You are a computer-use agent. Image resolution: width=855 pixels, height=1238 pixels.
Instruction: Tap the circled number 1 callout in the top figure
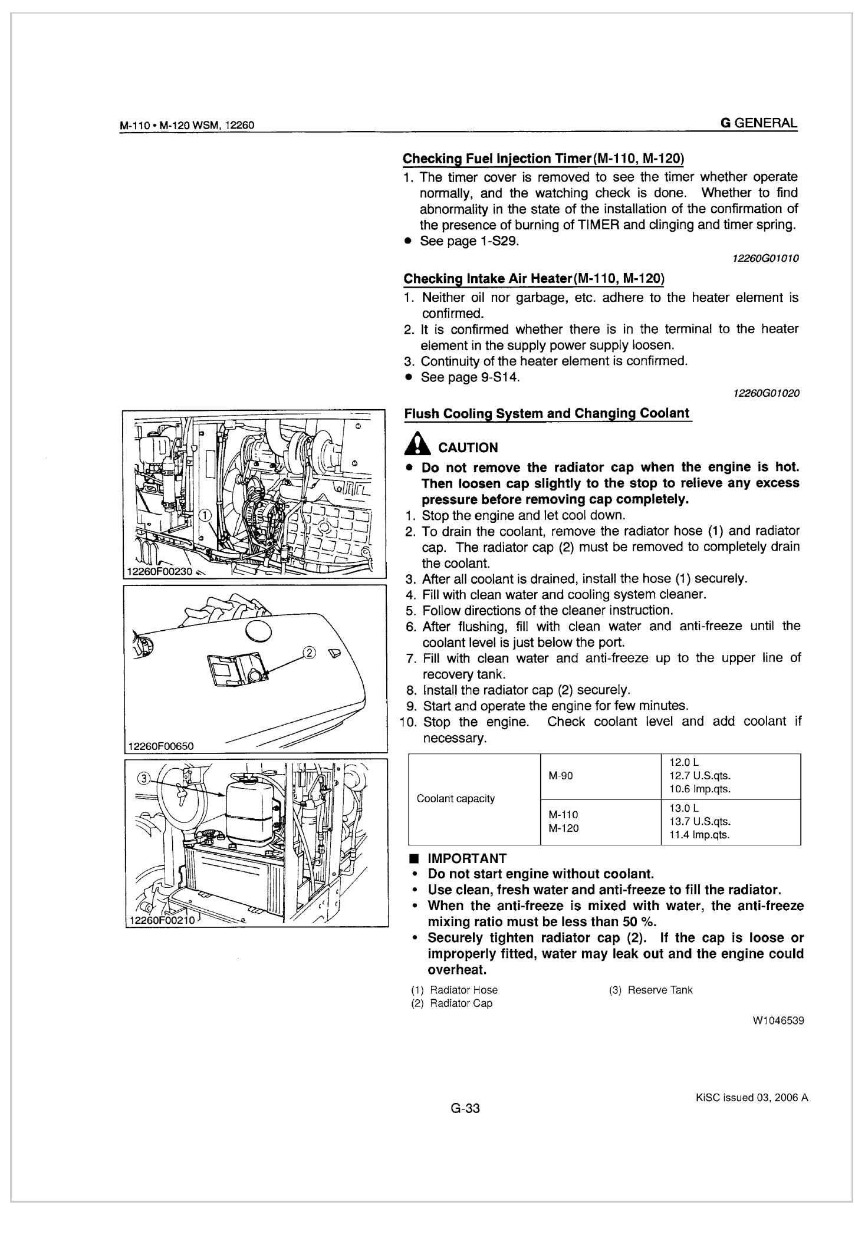[205, 514]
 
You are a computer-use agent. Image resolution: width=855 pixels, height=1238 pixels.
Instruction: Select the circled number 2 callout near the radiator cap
[309, 653]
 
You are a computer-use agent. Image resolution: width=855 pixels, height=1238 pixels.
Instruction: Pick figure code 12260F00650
[160, 746]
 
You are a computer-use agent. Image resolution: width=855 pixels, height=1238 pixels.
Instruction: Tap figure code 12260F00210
[162, 921]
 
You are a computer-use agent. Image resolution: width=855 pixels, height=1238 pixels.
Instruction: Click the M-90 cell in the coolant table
[560, 776]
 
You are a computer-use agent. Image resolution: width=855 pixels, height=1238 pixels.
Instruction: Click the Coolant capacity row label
[455, 799]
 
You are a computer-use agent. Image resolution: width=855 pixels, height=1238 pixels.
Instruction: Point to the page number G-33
[465, 1108]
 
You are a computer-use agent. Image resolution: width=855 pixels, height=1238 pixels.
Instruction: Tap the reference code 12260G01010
[765, 258]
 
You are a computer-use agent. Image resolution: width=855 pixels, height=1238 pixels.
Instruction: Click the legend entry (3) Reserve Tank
[650, 990]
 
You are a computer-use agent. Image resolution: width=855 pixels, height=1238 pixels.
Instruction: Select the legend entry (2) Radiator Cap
[452, 1003]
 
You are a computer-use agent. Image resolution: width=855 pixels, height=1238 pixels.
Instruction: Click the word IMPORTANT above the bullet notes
[466, 858]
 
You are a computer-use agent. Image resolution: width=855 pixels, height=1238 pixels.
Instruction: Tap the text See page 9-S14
[470, 377]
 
